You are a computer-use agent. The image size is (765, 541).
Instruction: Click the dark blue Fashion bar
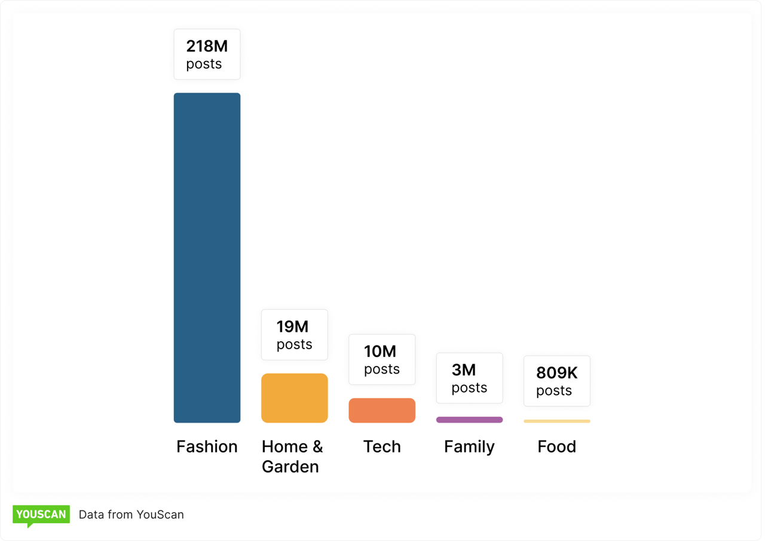tap(207, 258)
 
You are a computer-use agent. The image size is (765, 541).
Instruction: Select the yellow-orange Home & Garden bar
tap(294, 398)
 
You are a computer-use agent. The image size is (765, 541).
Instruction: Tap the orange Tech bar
tap(382, 411)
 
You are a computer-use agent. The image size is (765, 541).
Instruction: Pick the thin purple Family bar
tap(469, 420)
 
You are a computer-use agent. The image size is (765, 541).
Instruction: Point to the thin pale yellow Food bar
tap(556, 421)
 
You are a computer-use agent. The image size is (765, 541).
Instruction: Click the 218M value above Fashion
tap(207, 46)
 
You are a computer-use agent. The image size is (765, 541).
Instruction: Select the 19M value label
tap(292, 327)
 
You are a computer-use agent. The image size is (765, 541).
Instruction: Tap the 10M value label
tap(380, 352)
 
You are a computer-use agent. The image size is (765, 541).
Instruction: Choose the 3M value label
tap(464, 370)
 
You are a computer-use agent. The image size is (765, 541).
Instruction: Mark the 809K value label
tap(556, 373)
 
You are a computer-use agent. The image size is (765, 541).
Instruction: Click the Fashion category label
tap(207, 447)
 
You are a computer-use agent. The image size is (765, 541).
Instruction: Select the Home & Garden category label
tap(292, 456)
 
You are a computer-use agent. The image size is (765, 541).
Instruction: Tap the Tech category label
tap(382, 447)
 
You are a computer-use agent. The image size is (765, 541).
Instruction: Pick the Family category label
tap(469, 447)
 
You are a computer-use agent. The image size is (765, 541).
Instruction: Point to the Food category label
tap(556, 447)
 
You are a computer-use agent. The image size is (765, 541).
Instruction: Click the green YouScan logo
tap(41, 515)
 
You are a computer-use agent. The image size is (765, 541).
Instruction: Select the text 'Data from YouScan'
tap(131, 515)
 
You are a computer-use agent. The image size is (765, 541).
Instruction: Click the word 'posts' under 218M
tap(204, 64)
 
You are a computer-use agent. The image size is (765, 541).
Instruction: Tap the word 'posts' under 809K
tap(554, 391)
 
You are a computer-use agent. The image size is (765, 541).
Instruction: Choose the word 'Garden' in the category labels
tap(290, 466)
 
